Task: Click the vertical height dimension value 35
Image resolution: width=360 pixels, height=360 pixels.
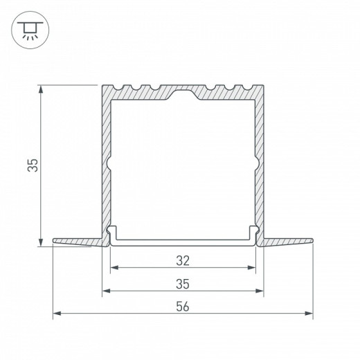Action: (x=32, y=165)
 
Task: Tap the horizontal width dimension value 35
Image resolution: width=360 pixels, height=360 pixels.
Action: (x=183, y=284)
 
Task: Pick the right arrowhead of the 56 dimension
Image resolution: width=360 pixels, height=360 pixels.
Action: (x=309, y=313)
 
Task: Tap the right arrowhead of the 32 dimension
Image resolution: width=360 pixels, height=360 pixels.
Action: (x=253, y=267)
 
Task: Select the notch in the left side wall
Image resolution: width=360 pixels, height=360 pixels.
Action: (x=107, y=163)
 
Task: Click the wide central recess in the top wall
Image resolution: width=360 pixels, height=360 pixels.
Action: (x=183, y=92)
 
